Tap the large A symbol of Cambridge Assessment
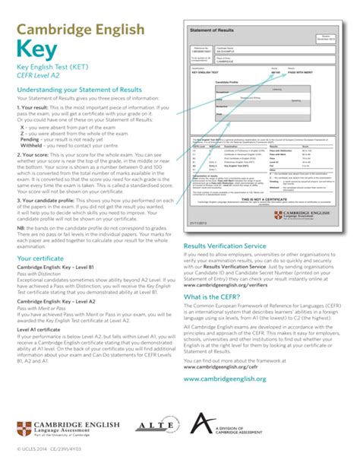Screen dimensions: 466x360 (200, 424)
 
